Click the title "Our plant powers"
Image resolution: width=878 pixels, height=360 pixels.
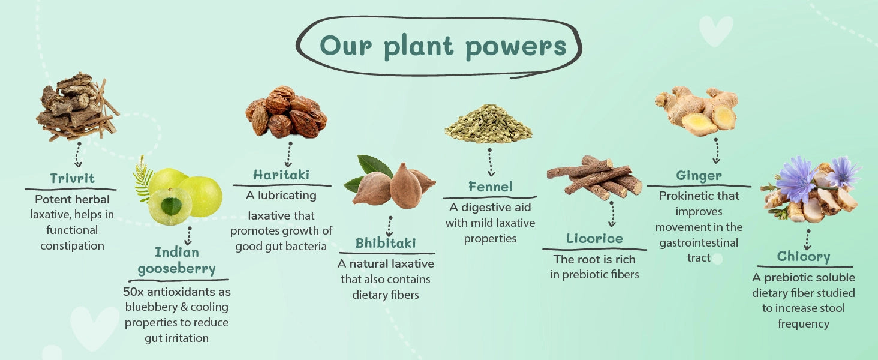[x=443, y=46]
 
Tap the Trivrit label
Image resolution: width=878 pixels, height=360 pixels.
[x=72, y=179]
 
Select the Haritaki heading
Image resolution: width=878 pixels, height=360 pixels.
[x=281, y=175]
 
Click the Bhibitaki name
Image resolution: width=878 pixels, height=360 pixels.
[x=385, y=244]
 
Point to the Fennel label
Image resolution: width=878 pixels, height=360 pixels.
[x=491, y=187]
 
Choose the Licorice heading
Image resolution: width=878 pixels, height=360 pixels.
[x=594, y=238]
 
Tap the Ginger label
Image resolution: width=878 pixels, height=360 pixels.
[x=699, y=176]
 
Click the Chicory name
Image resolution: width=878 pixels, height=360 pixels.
[x=804, y=257]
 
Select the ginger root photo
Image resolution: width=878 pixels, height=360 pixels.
[x=697, y=111]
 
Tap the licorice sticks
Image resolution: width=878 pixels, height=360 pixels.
[x=594, y=176]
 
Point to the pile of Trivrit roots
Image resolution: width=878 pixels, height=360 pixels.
[x=77, y=107]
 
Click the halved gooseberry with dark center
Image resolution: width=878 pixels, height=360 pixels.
[x=170, y=205]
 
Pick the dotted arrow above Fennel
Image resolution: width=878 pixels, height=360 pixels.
[x=491, y=163]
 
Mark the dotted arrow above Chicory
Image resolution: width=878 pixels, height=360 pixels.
[x=807, y=239]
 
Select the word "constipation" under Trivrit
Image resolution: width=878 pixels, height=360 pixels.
[x=72, y=246]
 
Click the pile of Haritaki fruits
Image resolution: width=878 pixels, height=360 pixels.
[x=286, y=112]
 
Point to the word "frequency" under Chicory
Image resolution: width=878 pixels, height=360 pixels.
[x=804, y=324]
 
